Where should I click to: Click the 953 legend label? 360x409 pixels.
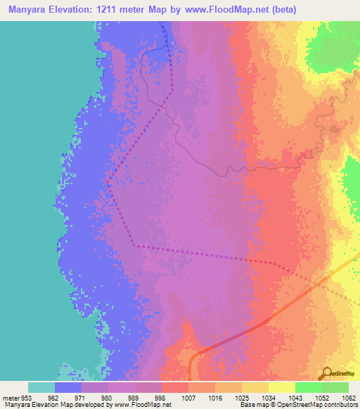(x=29, y=398)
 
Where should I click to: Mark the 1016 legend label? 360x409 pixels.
(x=215, y=398)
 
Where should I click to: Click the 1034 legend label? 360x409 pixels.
(x=269, y=398)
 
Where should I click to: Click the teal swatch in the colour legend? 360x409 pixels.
(x=41, y=387)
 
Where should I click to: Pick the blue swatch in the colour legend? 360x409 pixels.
(x=68, y=387)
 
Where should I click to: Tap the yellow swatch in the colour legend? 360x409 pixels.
(x=282, y=387)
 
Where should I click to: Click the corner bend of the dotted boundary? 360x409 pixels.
(x=134, y=245)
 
